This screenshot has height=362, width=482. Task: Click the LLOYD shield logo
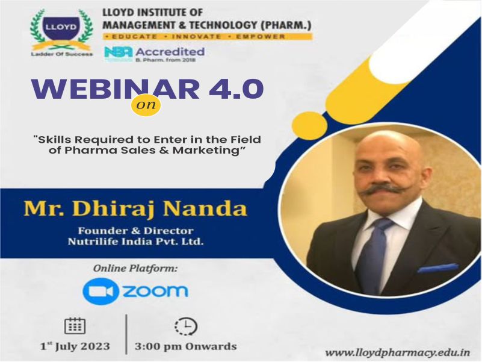tap(61, 33)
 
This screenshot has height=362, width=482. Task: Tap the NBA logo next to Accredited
tap(119, 52)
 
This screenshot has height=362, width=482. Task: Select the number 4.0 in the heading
tap(236, 90)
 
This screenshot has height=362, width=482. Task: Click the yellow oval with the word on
tap(146, 105)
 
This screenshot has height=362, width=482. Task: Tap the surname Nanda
tap(205, 209)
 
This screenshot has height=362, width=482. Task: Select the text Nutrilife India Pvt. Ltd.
tap(135, 241)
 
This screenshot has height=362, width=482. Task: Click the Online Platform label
tap(135, 269)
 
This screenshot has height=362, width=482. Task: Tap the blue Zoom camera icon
tap(100, 291)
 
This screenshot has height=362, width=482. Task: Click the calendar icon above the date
tap(75, 325)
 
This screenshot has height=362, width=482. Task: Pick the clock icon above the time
tap(186, 326)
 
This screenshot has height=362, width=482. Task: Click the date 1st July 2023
tap(75, 346)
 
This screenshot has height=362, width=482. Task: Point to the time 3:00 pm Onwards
tap(186, 346)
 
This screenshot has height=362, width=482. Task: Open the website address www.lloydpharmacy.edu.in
tap(398, 352)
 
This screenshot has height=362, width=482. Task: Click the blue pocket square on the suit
tap(437, 269)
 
